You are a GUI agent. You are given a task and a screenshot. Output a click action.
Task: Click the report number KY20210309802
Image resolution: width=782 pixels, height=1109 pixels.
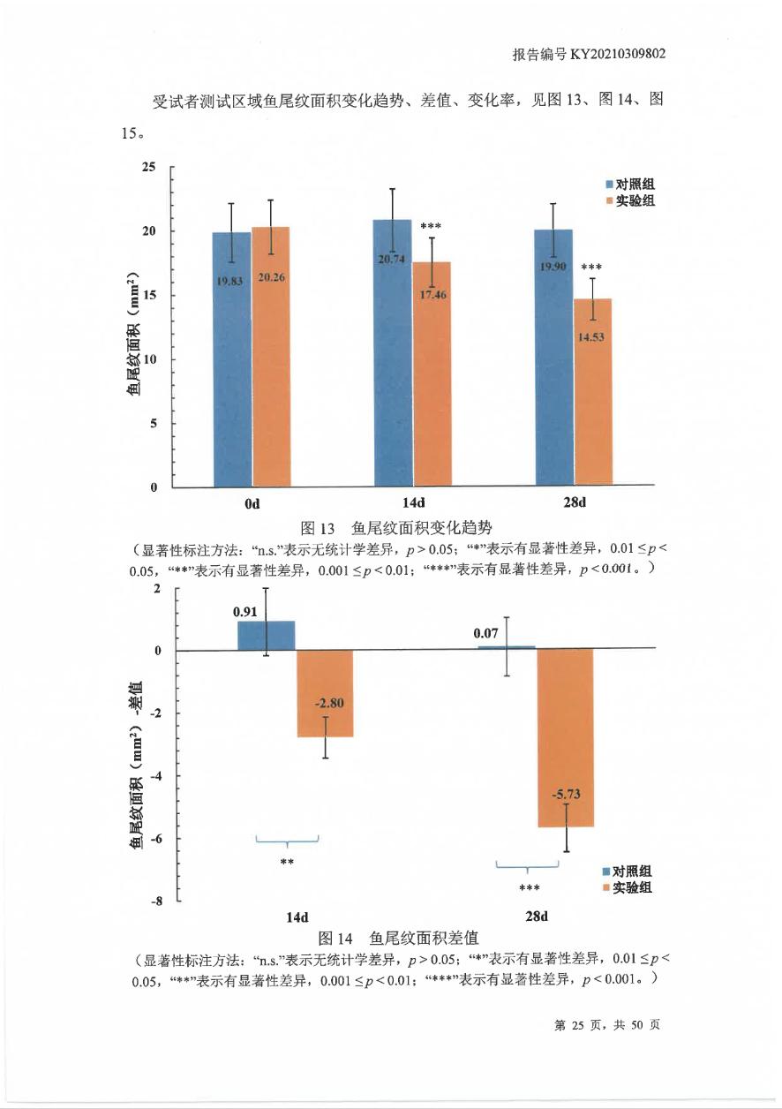[617, 55]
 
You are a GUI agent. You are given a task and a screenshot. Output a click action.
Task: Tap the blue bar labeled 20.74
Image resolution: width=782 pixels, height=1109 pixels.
[393, 353]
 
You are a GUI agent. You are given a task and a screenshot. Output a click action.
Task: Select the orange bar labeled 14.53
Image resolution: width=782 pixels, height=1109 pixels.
[593, 392]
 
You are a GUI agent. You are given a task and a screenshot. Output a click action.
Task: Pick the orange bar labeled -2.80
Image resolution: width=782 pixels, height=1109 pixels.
[325, 693]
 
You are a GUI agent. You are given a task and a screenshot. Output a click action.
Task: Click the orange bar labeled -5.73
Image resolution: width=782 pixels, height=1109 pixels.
[566, 737]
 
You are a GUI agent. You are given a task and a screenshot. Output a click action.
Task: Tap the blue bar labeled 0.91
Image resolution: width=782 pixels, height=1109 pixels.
[266, 635]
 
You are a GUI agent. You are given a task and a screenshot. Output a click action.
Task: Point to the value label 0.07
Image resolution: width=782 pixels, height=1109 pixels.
[485, 633]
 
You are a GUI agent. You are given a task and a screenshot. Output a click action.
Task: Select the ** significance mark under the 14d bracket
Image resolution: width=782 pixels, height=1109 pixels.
[286, 862]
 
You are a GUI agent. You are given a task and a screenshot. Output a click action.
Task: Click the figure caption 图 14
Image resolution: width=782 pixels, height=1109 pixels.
[335, 937]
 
